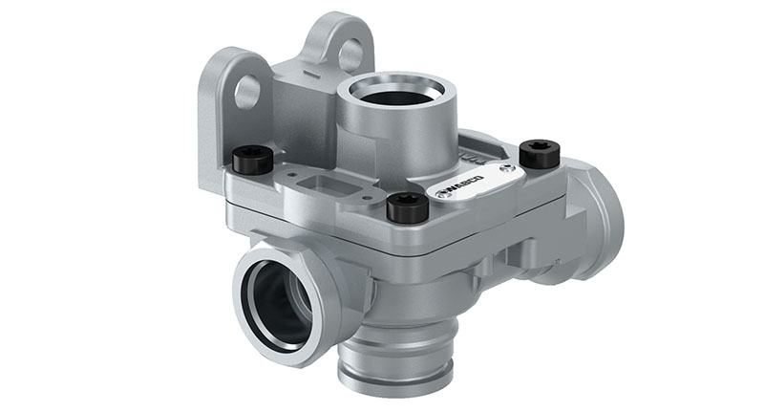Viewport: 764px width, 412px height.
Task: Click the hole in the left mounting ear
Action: [248, 91]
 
